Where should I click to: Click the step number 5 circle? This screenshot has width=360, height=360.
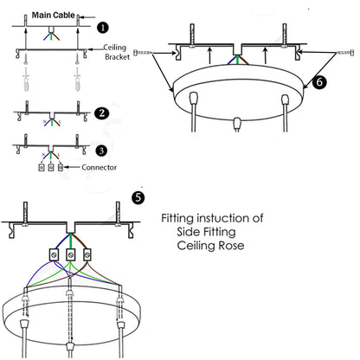click(137, 196)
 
